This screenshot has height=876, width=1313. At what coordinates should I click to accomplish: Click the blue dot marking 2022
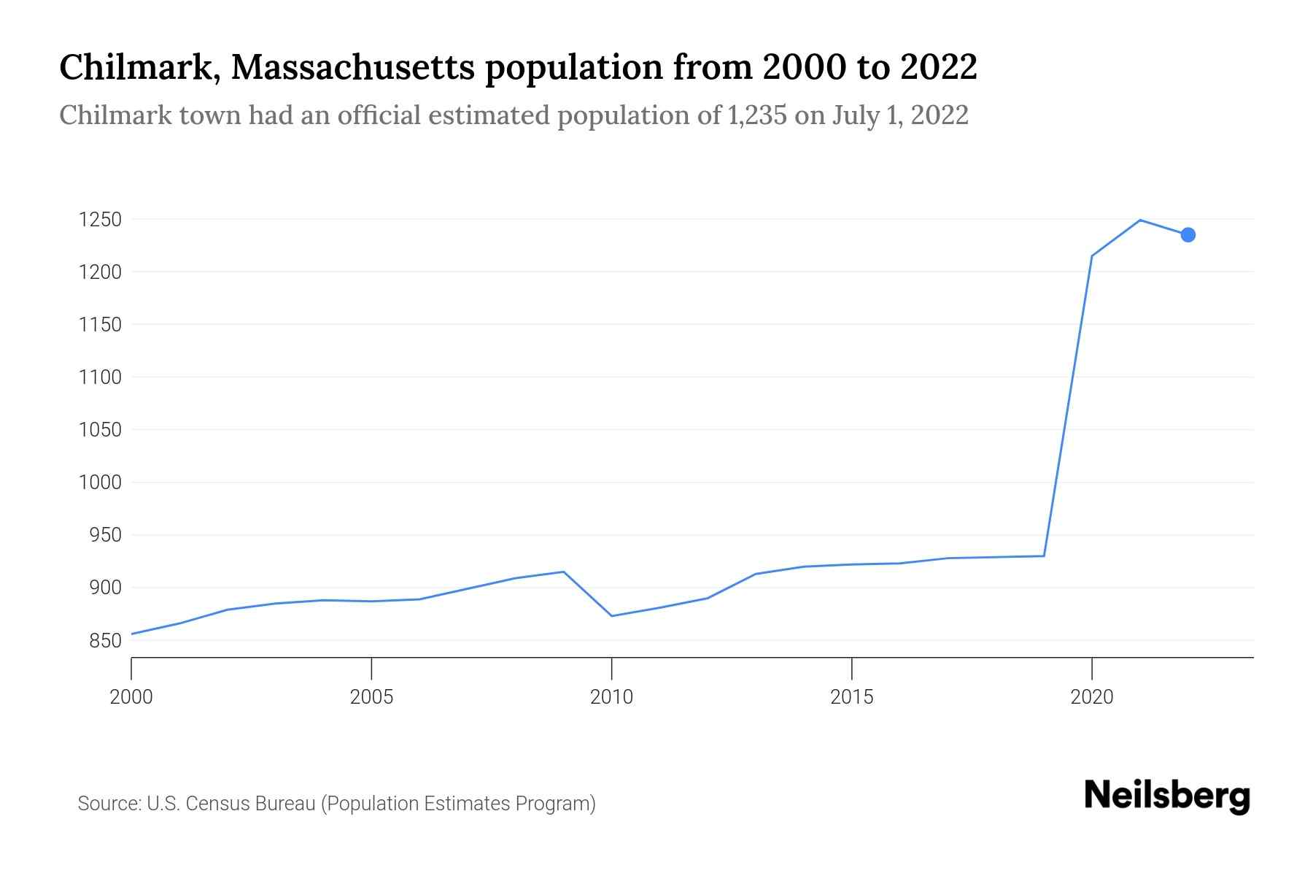click(1188, 234)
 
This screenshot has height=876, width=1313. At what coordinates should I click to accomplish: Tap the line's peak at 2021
click(1139, 220)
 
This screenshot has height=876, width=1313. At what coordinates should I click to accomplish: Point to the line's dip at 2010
click(611, 616)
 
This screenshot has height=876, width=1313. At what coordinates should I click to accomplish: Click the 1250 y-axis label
click(99, 220)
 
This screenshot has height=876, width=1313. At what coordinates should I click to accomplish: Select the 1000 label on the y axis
click(99, 483)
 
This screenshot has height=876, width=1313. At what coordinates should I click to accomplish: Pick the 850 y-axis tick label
click(104, 641)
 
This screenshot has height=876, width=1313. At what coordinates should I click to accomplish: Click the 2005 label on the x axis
click(371, 697)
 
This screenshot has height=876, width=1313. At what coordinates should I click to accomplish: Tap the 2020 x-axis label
click(1091, 697)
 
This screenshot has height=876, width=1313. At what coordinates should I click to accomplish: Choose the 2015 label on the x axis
click(851, 697)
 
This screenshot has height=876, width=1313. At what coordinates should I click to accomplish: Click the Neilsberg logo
click(1167, 796)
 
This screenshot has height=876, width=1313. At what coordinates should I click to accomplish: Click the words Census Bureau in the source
click(252, 804)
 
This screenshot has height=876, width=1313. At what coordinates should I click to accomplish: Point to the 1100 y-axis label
click(99, 377)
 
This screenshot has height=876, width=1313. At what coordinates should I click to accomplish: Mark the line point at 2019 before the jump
click(1044, 556)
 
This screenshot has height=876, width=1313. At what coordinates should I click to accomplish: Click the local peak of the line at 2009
click(563, 572)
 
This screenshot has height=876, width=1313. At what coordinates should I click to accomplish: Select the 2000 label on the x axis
click(131, 697)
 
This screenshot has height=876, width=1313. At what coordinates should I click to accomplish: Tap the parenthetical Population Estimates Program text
click(458, 804)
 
